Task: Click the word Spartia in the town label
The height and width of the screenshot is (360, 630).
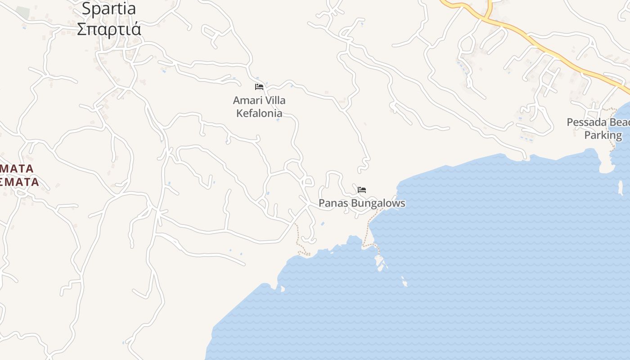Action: (x=109, y=9)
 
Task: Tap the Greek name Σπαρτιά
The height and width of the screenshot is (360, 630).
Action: (x=109, y=29)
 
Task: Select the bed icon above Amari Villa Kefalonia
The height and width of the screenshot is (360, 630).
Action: (x=259, y=87)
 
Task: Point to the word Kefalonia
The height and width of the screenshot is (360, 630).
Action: (x=260, y=113)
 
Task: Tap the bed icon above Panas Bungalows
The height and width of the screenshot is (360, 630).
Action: (x=362, y=190)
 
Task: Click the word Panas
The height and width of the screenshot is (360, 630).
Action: (x=333, y=203)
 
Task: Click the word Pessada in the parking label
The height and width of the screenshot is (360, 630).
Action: (x=584, y=122)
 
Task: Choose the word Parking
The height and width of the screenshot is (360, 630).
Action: (x=603, y=135)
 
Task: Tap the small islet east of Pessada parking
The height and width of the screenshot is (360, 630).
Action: (x=620, y=188)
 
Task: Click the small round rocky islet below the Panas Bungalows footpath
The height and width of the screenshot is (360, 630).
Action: (x=405, y=284)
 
